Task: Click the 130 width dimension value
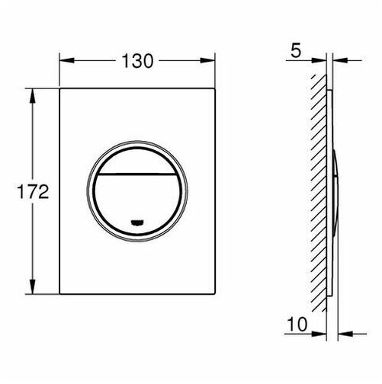click(x=137, y=61)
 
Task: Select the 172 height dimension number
click(x=33, y=192)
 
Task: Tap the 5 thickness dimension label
click(x=296, y=50)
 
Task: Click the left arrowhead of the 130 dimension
click(x=67, y=60)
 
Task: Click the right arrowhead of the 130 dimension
click(x=207, y=60)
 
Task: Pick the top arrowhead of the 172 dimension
click(x=32, y=96)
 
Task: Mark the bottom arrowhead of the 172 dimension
click(x=32, y=286)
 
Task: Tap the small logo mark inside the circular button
click(x=137, y=222)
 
